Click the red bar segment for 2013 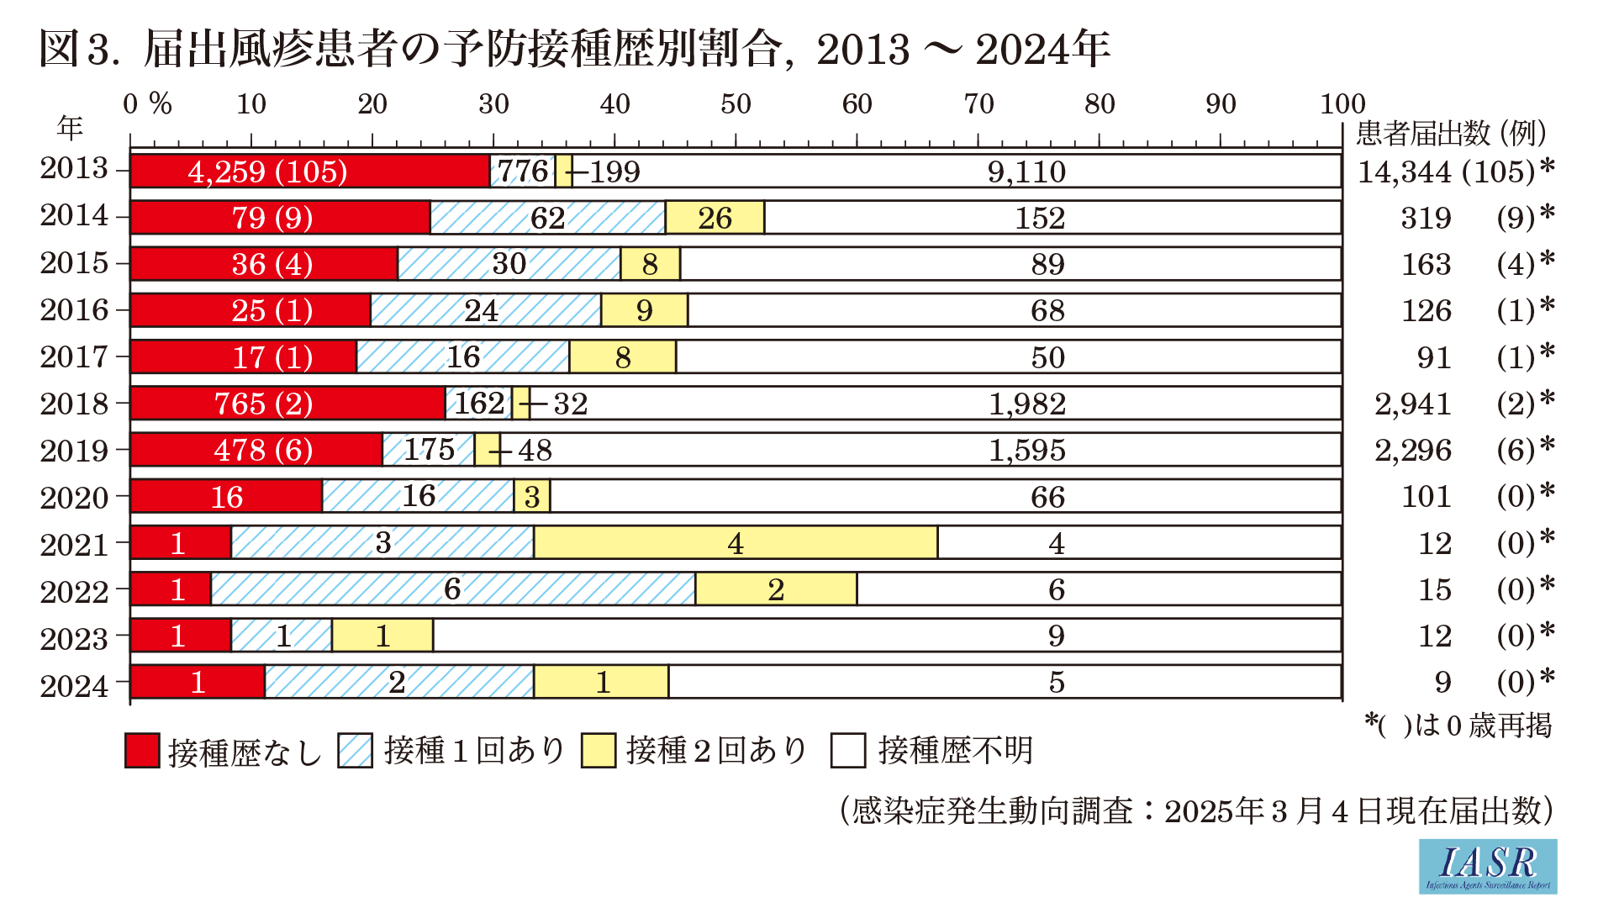pyautogui.click(x=309, y=172)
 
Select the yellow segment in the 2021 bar pyautogui.click(x=736, y=543)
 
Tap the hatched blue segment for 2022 pyautogui.click(x=452, y=589)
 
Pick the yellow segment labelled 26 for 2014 pyautogui.click(x=715, y=218)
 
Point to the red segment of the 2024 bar pyautogui.click(x=198, y=682)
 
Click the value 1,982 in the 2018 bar pyautogui.click(x=1026, y=404)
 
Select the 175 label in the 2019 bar pyautogui.click(x=429, y=450)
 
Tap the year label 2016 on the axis pyautogui.click(x=74, y=310)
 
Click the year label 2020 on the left pyautogui.click(x=74, y=497)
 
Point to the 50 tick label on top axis pyautogui.click(x=736, y=104)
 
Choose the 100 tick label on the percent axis pyautogui.click(x=1342, y=104)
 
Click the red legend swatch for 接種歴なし pyautogui.click(x=142, y=751)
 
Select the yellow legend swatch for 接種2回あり pyautogui.click(x=599, y=751)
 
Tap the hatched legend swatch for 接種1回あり pyautogui.click(x=356, y=751)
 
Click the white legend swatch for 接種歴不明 pyautogui.click(x=848, y=751)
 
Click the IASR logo pyautogui.click(x=1487, y=866)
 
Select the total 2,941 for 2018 pyautogui.click(x=1412, y=404)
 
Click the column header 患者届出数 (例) pyautogui.click(x=1451, y=133)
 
